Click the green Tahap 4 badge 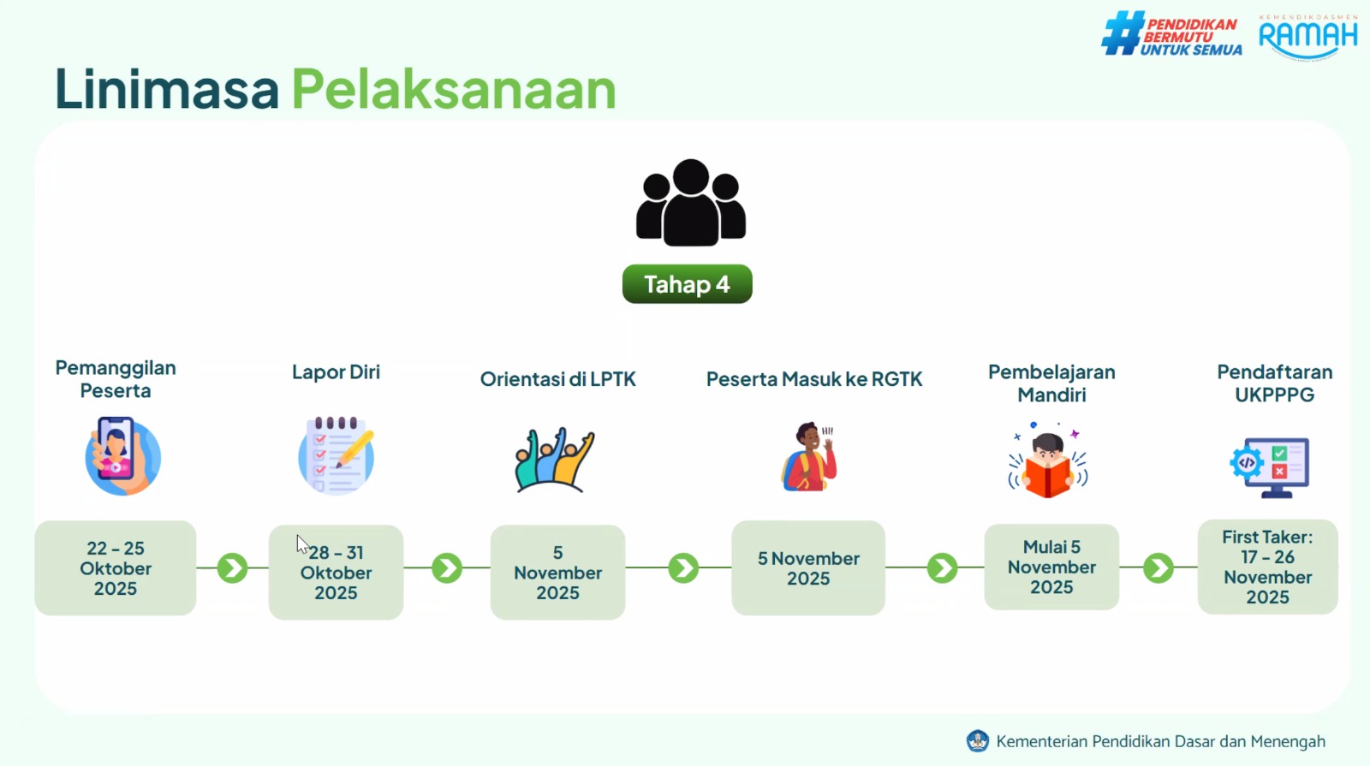(x=687, y=283)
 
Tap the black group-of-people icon (x=690, y=203)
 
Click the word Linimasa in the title (x=166, y=89)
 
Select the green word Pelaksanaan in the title (x=453, y=89)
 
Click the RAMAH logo (x=1307, y=38)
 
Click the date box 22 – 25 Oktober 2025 (x=116, y=568)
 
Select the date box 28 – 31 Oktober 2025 (x=336, y=573)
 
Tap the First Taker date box (x=1267, y=567)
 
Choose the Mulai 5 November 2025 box (x=1051, y=567)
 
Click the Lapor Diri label (x=336, y=371)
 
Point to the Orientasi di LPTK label (x=557, y=379)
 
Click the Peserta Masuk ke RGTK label (x=814, y=379)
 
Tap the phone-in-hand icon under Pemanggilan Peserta (x=122, y=455)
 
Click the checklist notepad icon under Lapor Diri (x=336, y=455)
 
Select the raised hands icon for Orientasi (x=555, y=460)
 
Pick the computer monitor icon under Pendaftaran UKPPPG (x=1270, y=467)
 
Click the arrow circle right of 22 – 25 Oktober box (x=232, y=568)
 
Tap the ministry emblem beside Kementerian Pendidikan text (x=977, y=741)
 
